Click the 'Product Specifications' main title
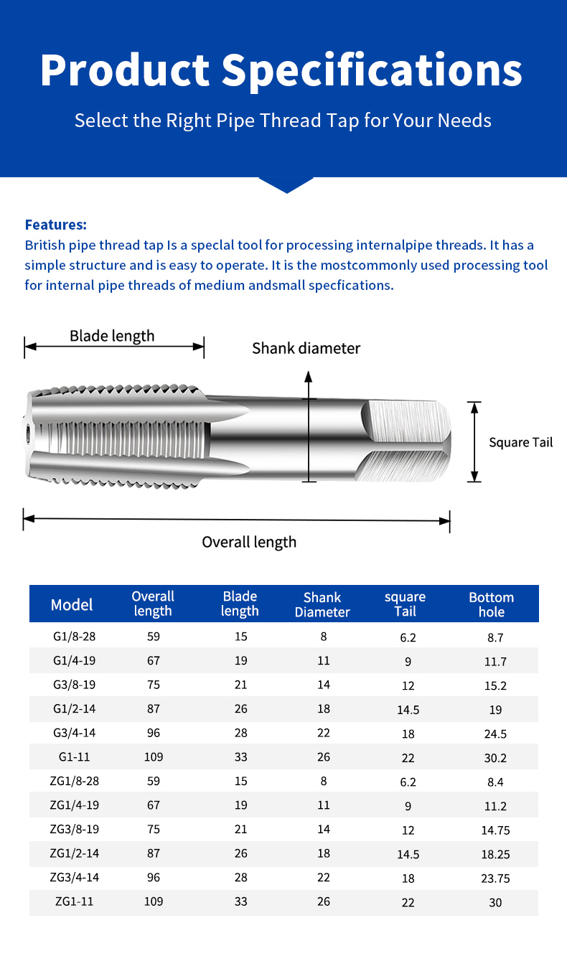281,70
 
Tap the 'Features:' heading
56,225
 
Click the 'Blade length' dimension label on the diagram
112,335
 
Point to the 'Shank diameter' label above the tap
306,349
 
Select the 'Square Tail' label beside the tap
520,442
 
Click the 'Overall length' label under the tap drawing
249,542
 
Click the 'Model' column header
72,605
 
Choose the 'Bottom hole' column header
492,604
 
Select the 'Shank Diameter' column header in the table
322,604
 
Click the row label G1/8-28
72,637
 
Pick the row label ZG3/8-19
72,829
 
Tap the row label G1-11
72,756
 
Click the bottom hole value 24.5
495,734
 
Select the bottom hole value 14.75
495,830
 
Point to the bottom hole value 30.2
495,757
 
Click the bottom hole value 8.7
495,637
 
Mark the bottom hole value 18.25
495,854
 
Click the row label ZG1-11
72,901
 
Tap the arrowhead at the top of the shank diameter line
309,376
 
